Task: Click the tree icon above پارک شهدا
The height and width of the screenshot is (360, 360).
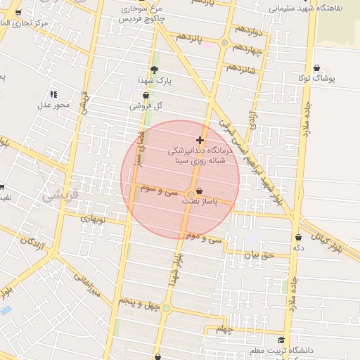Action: pyautogui.click(x=154, y=69)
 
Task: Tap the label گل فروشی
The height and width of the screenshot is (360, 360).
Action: pyautogui.click(x=146, y=106)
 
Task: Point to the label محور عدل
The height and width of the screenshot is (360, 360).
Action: pyautogui.click(x=54, y=105)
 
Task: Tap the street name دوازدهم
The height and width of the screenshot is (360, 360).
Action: pyautogui.click(x=248, y=31)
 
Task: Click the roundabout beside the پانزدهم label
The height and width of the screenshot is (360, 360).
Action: pyautogui.click(x=224, y=43)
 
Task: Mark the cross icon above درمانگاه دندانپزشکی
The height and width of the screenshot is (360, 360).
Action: pyautogui.click(x=200, y=140)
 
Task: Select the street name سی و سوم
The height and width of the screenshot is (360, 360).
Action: pyautogui.click(x=158, y=190)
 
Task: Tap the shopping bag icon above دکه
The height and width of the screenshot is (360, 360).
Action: pyautogui.click(x=299, y=238)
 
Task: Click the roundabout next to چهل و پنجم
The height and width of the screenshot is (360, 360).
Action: pyautogui.click(x=166, y=307)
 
